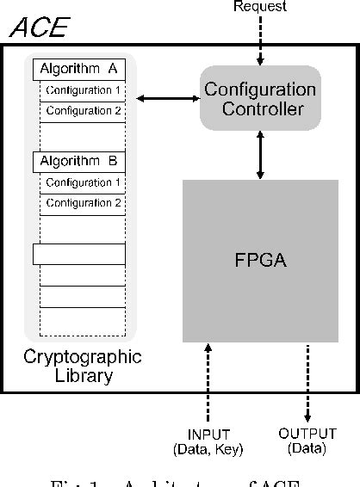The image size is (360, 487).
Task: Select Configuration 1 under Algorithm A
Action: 84,90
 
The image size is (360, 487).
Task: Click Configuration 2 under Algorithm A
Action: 84,111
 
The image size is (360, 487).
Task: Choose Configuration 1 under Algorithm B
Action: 84,182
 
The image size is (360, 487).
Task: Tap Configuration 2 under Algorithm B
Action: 84,203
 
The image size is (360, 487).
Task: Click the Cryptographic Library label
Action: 82,366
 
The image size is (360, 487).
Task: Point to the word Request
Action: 259,7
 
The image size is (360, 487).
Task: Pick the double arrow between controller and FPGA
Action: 259,156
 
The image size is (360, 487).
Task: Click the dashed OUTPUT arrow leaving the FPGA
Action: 308,383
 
